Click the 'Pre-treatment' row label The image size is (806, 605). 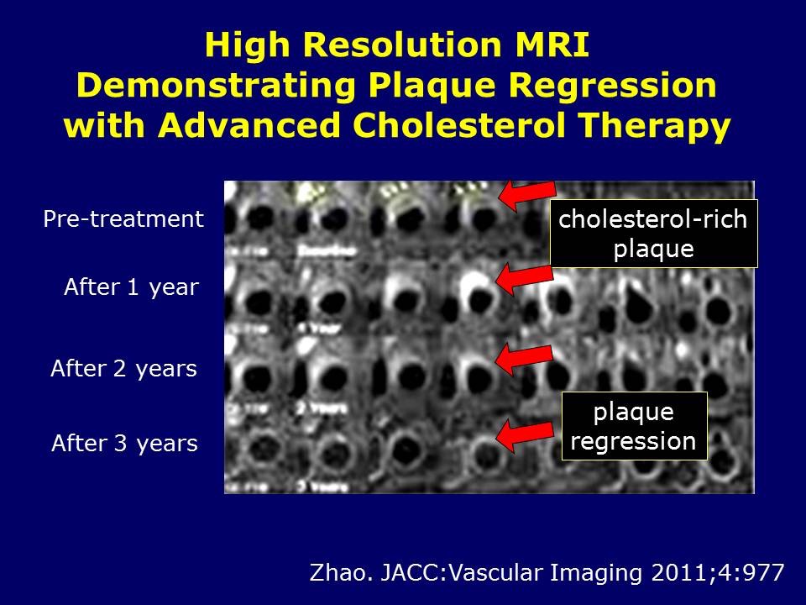(x=123, y=219)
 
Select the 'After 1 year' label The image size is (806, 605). (x=131, y=288)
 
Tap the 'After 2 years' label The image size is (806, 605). (x=123, y=369)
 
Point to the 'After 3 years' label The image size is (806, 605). (x=124, y=443)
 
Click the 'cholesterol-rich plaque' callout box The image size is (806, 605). (x=653, y=233)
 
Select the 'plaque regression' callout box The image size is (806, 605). (x=634, y=426)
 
